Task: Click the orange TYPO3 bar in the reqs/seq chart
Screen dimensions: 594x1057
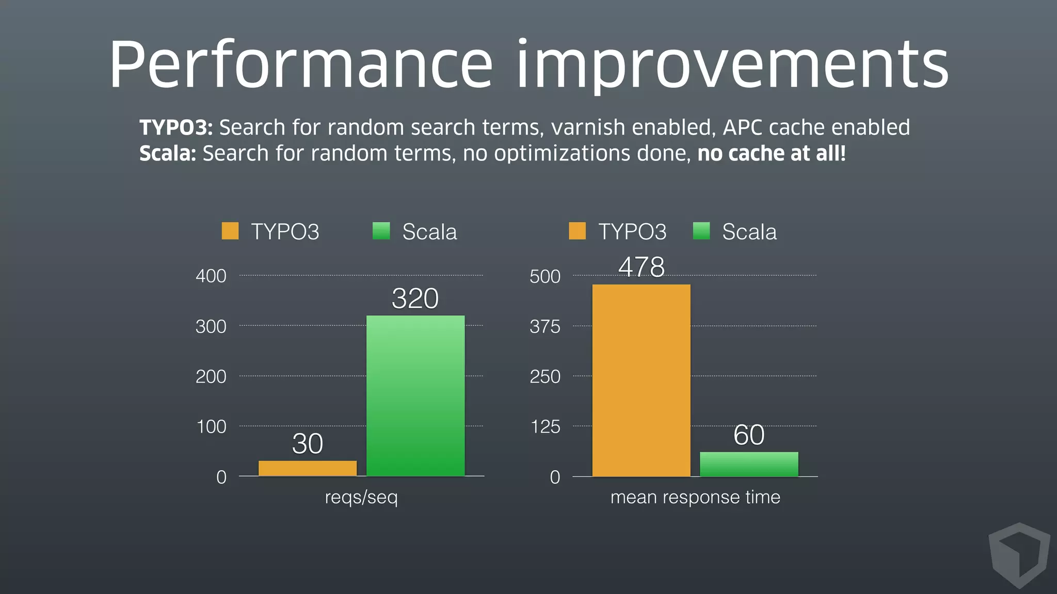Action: pos(307,468)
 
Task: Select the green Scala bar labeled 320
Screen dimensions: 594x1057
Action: pos(415,395)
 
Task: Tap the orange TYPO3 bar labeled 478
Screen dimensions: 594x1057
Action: pos(641,380)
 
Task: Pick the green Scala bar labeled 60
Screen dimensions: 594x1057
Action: pos(749,464)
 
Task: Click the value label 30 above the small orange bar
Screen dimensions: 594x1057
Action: pos(308,443)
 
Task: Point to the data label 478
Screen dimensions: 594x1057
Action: pos(642,267)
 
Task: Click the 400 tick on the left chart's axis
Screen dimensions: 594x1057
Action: pos(211,276)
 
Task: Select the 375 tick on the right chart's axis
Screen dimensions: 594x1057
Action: pos(545,326)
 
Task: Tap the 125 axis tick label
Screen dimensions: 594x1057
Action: pos(545,427)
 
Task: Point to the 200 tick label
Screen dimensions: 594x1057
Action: pos(211,376)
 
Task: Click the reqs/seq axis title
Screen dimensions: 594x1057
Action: pos(361,497)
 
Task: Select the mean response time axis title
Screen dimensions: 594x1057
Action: pos(695,497)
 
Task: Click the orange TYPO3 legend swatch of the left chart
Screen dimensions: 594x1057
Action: pos(230,231)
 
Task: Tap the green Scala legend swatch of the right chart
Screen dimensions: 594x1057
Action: pos(701,231)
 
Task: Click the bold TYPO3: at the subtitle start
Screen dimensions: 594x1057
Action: pos(176,127)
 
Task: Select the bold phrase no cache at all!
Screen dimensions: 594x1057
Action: pos(772,154)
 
